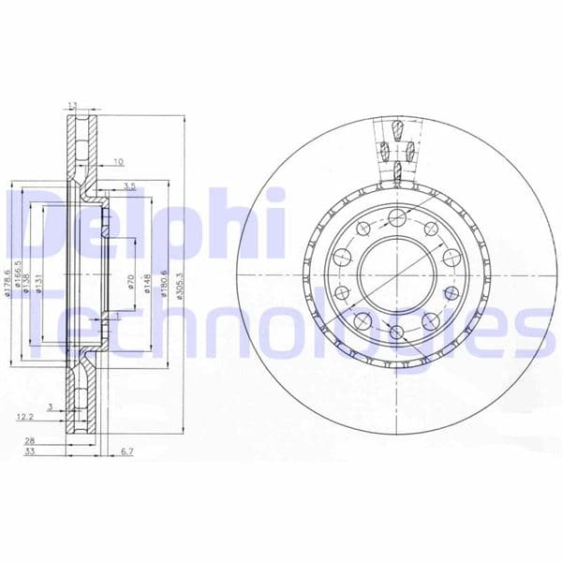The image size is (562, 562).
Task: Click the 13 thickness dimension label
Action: pos(72,106)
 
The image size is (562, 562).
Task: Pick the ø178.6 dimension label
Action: pos(8,281)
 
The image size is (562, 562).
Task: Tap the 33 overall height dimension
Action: pos(30,453)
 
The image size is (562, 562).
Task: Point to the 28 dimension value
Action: pos(30,441)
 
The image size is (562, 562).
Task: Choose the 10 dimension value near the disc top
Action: pos(117,162)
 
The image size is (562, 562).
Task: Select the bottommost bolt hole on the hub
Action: pos(395,333)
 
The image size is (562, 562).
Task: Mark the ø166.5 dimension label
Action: pos(18,279)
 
